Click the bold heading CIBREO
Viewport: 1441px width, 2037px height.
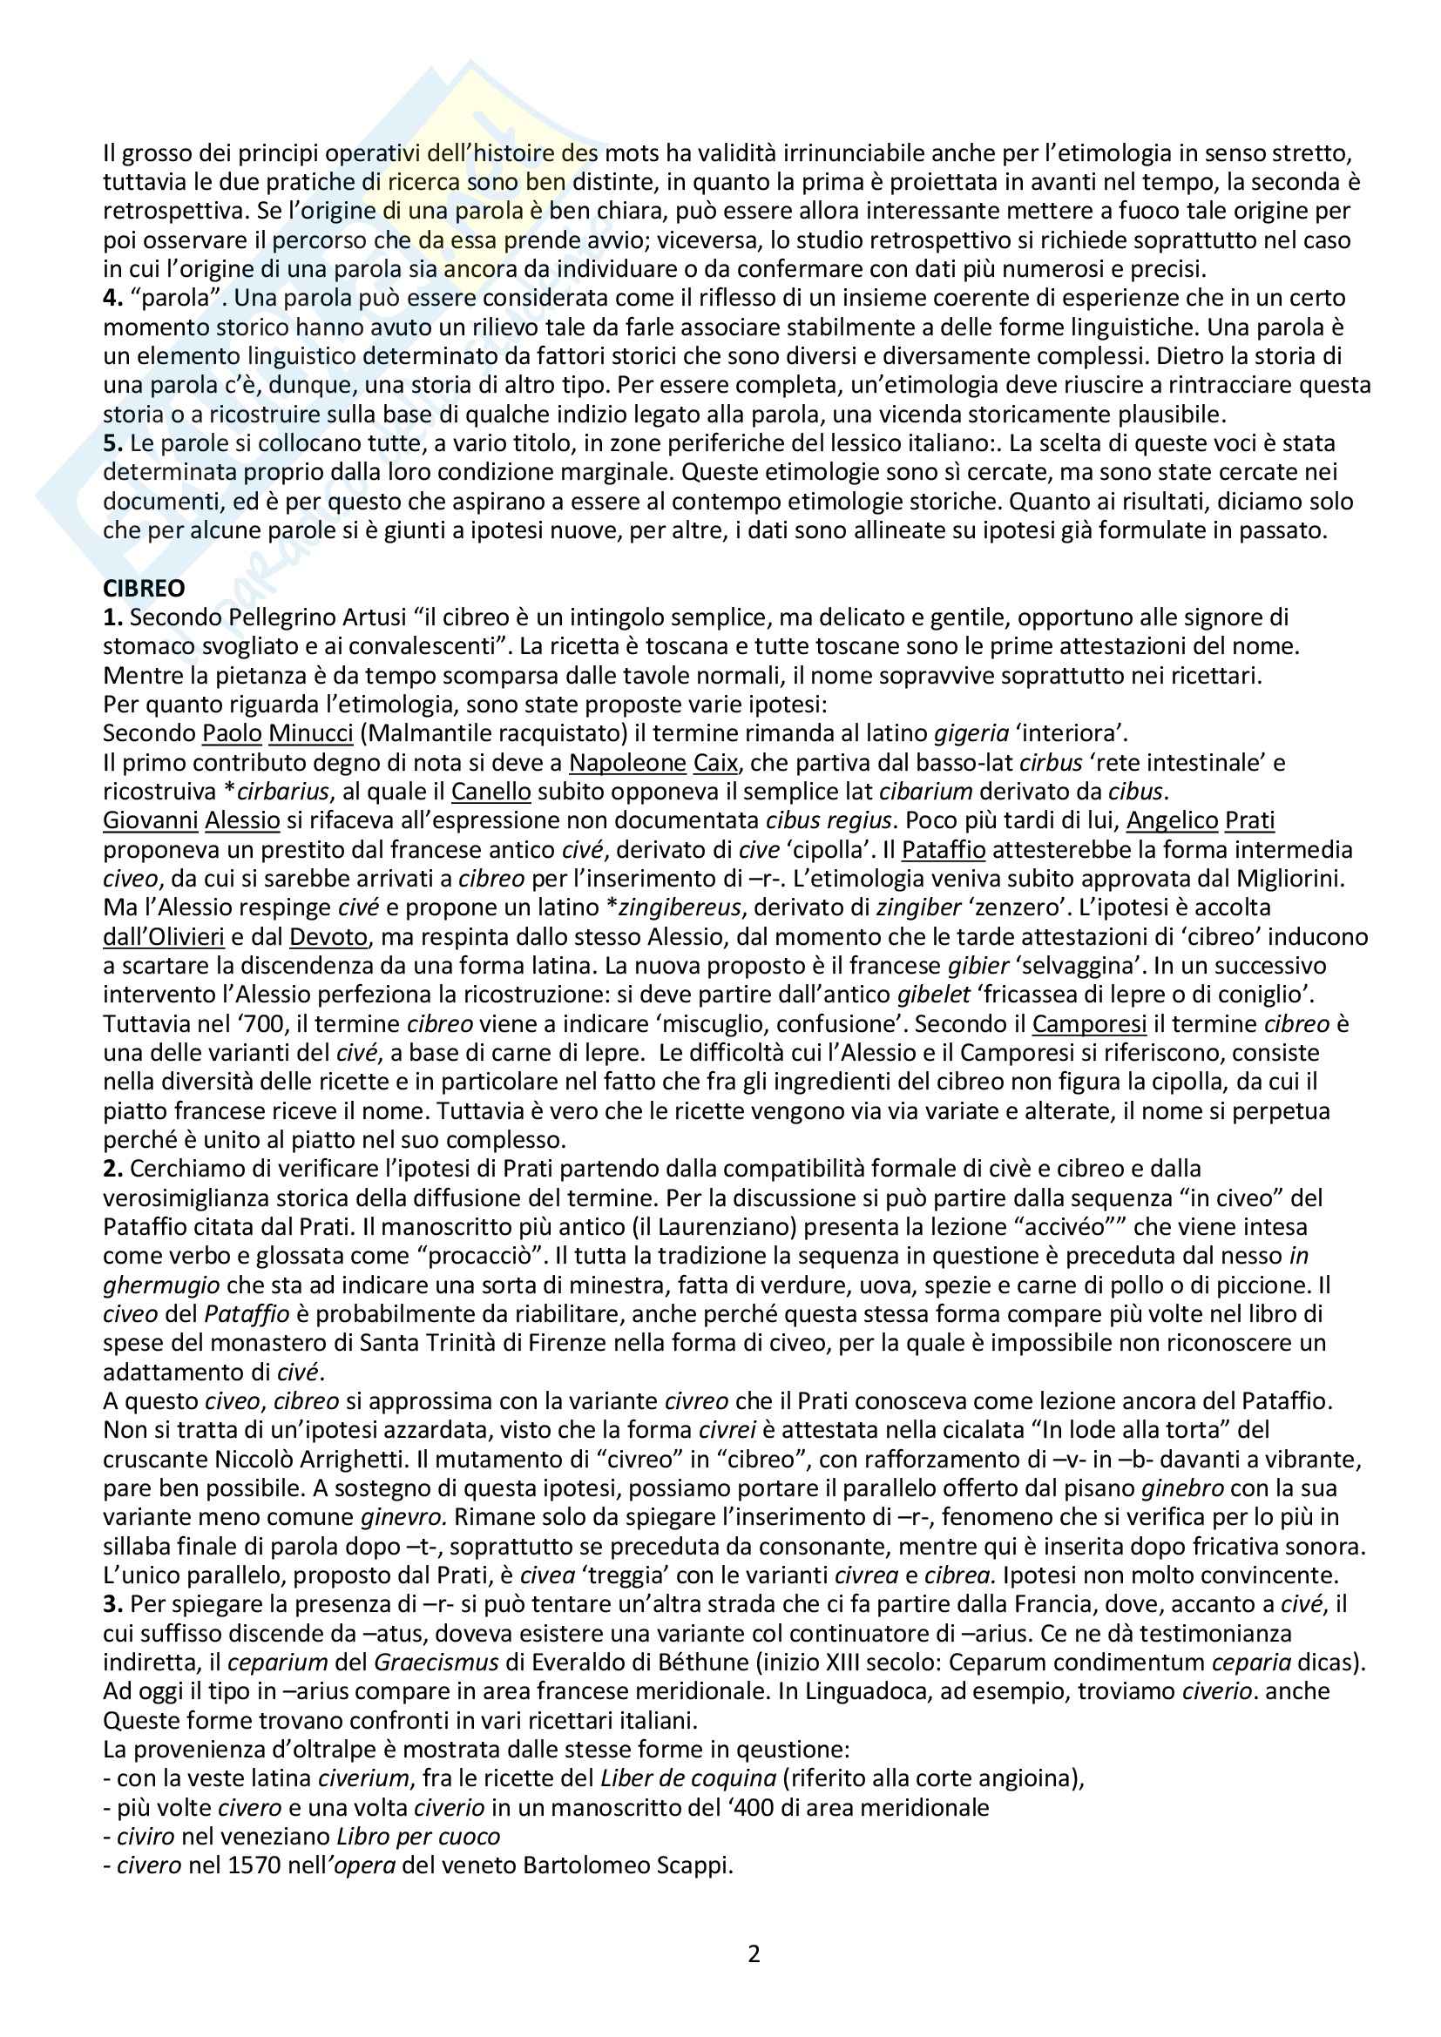[144, 589]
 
